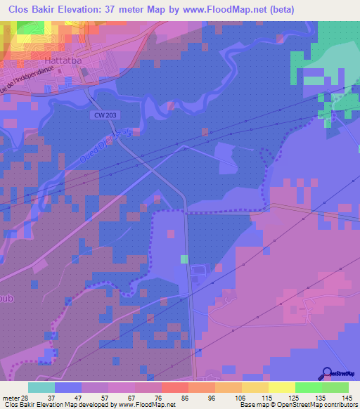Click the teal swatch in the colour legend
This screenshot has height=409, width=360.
pyautogui.click(x=41, y=387)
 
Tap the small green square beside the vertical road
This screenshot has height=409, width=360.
pyautogui.click(x=184, y=259)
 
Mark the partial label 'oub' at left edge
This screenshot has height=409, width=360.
pyautogui.click(x=7, y=298)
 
